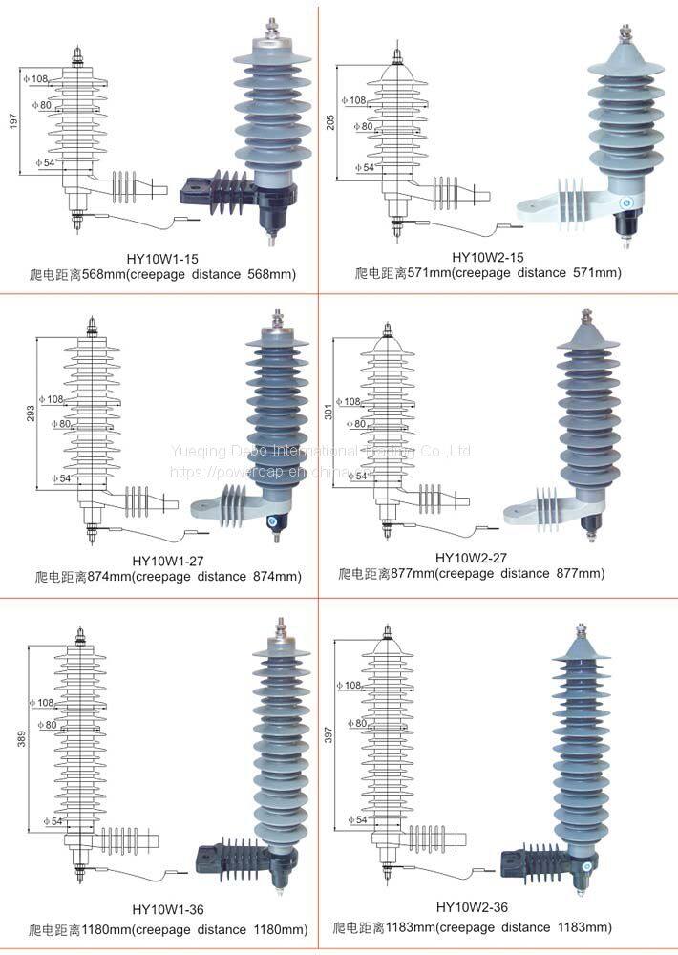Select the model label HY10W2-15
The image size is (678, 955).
point(486,256)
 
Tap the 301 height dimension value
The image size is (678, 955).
point(330,411)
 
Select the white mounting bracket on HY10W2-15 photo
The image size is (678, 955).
point(554,201)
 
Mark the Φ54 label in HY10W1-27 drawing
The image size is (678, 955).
point(59,478)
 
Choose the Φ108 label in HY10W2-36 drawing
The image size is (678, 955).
point(350,686)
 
